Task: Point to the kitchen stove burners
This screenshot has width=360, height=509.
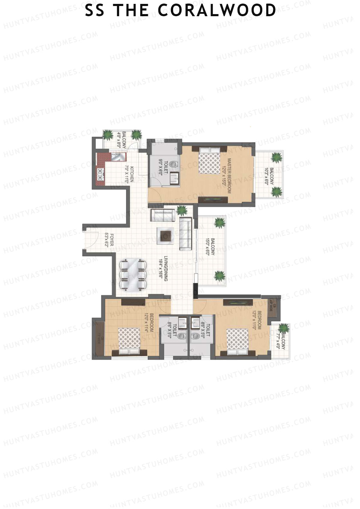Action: tap(100, 174)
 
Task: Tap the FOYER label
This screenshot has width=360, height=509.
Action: tap(109, 240)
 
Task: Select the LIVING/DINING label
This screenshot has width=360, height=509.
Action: tap(163, 269)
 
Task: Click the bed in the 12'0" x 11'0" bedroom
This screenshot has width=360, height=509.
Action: tap(238, 342)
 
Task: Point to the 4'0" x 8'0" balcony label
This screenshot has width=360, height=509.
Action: tap(121, 139)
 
